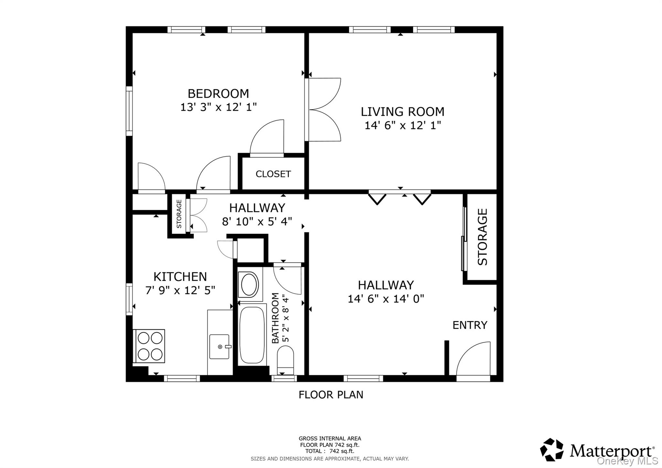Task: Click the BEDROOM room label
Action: tap(218, 94)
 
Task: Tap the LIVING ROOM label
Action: tap(402, 112)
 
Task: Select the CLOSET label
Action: tap(273, 174)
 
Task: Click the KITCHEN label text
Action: tap(180, 277)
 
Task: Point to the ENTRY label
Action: tap(470, 325)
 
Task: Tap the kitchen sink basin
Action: tap(219, 347)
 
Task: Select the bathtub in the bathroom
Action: tap(252, 335)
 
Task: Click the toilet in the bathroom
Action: tap(285, 359)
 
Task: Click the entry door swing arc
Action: tap(472, 360)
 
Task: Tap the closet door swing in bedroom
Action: tap(267, 137)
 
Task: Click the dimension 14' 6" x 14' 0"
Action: tap(386, 299)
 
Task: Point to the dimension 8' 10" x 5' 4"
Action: tap(257, 222)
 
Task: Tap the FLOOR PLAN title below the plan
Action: tap(331, 395)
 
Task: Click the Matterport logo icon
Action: tap(552, 449)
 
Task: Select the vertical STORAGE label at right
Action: tap(482, 237)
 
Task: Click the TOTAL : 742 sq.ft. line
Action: tap(329, 451)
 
